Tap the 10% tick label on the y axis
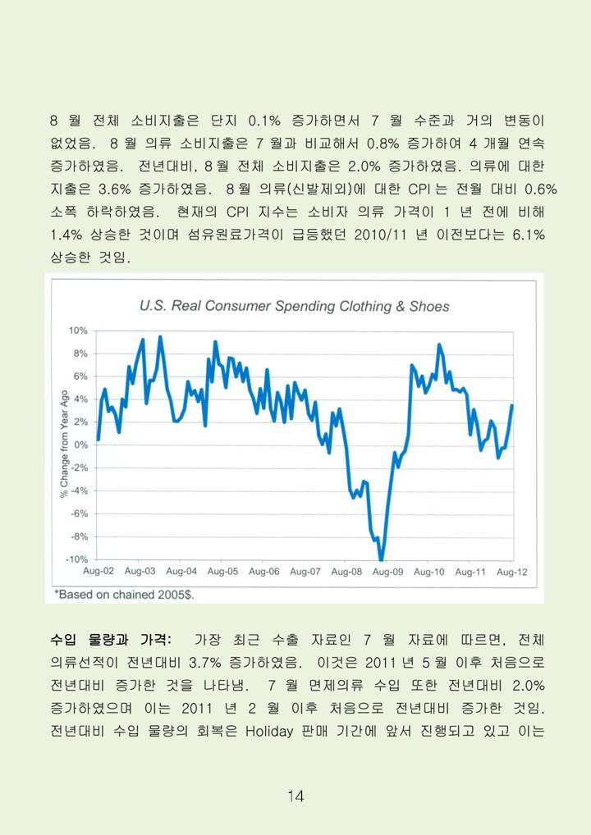[78, 331]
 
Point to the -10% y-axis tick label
[76, 559]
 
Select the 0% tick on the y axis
[80, 445]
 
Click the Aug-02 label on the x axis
[98, 572]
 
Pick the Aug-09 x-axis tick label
[388, 572]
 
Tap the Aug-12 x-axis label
[512, 572]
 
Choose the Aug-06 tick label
[263, 572]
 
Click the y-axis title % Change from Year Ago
[65, 444]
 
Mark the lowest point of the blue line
[381, 559]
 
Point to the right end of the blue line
[512, 405]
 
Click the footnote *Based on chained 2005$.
[124, 595]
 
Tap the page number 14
[295, 796]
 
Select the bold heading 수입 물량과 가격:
[110, 639]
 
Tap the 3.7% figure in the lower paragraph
[205, 663]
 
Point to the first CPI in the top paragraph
[419, 189]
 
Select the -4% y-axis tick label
[79, 491]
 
